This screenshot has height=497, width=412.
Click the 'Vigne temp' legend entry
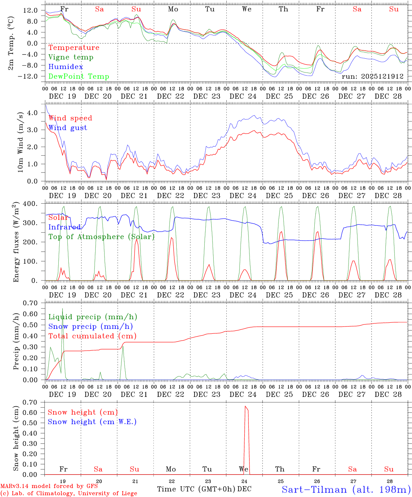click(71, 57)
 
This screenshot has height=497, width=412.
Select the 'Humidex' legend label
click(66, 67)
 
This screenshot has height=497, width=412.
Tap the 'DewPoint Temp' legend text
click(79, 77)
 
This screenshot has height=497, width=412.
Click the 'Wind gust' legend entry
click(68, 128)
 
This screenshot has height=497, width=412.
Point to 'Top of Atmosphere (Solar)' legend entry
click(101, 237)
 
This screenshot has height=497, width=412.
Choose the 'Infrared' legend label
click(65, 227)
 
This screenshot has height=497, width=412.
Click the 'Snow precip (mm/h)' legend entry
click(90, 327)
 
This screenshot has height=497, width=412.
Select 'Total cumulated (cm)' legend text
click(92, 336)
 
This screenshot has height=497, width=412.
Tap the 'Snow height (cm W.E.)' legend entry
click(92, 422)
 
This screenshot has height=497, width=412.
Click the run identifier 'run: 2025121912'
click(372, 77)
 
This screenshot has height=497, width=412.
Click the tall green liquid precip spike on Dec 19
click(62, 309)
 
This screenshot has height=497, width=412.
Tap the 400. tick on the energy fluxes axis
click(30, 204)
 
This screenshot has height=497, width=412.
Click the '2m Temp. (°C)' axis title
click(11, 43)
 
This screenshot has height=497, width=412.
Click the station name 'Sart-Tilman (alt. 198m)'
click(346, 489)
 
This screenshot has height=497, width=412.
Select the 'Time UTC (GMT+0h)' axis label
click(196, 489)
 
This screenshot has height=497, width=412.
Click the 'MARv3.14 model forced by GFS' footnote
click(49, 486)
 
